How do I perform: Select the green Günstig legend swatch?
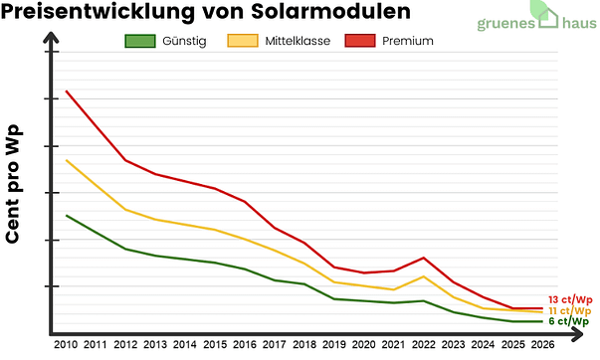coord(138,41)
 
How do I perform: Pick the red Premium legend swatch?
coord(358,41)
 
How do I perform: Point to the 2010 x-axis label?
coord(66,344)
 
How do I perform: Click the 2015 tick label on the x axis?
coord(214,344)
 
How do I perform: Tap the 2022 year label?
coord(423,344)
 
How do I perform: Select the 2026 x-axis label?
coord(542,344)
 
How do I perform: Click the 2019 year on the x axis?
coord(333,344)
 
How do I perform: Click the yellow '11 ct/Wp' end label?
coord(569,310)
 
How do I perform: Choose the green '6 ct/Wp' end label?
coord(569,321)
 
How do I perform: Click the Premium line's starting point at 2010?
coord(67,91)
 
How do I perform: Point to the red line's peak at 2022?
coord(424,258)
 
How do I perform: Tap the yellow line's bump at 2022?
coord(424,276)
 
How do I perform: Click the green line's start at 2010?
coord(67,215)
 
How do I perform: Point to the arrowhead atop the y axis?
coord(47,45)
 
